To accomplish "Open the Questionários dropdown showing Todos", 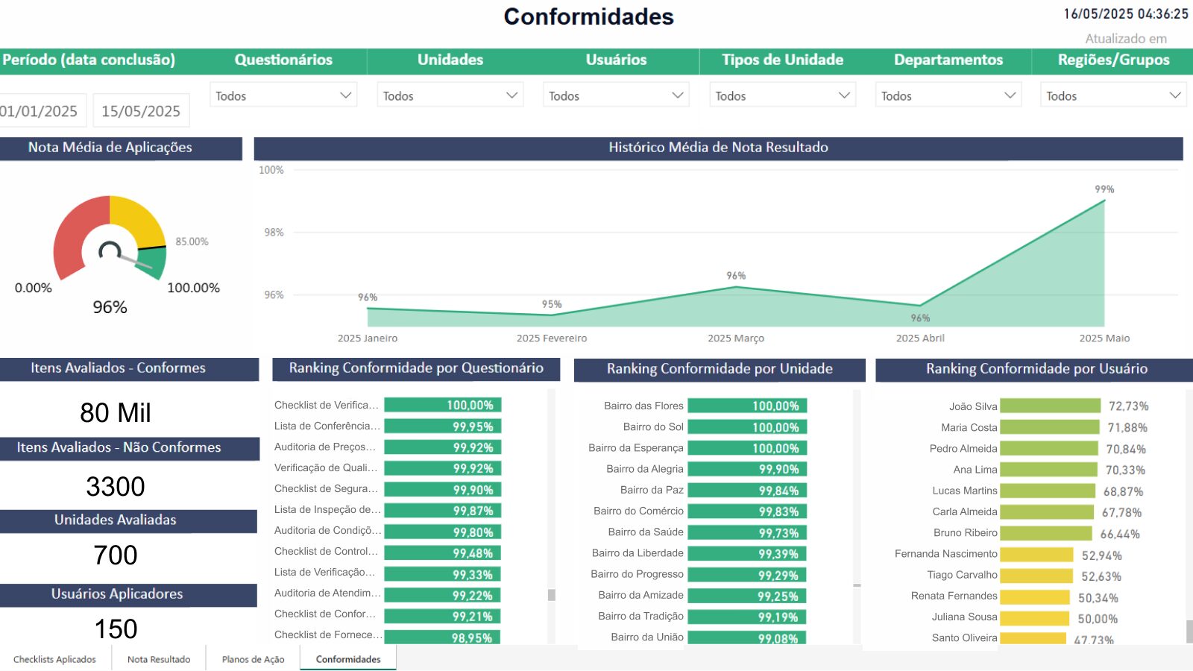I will [x=283, y=95].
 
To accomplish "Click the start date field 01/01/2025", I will [x=40, y=111].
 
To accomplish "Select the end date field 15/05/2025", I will [x=141, y=111].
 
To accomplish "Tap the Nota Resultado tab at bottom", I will [x=159, y=659].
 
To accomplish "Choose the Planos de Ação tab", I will [x=253, y=659].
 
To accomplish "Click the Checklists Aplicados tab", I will [x=54, y=659].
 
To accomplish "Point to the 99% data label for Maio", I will [x=1104, y=189].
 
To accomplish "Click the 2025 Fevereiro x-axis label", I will [x=552, y=338].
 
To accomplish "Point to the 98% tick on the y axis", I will [x=274, y=233].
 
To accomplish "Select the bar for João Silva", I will [x=1050, y=406].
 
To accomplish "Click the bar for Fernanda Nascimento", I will [x=1036, y=555].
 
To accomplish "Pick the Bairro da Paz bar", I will [x=747, y=491].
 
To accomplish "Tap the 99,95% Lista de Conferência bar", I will [x=442, y=426].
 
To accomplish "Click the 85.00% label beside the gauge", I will [x=192, y=242].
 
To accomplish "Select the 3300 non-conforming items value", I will [x=116, y=487].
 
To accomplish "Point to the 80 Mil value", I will [x=116, y=413].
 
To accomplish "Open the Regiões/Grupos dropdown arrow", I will [x=1175, y=95].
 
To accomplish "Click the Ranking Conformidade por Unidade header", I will [x=720, y=369].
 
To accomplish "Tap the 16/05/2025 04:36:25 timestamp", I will [x=1126, y=14].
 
